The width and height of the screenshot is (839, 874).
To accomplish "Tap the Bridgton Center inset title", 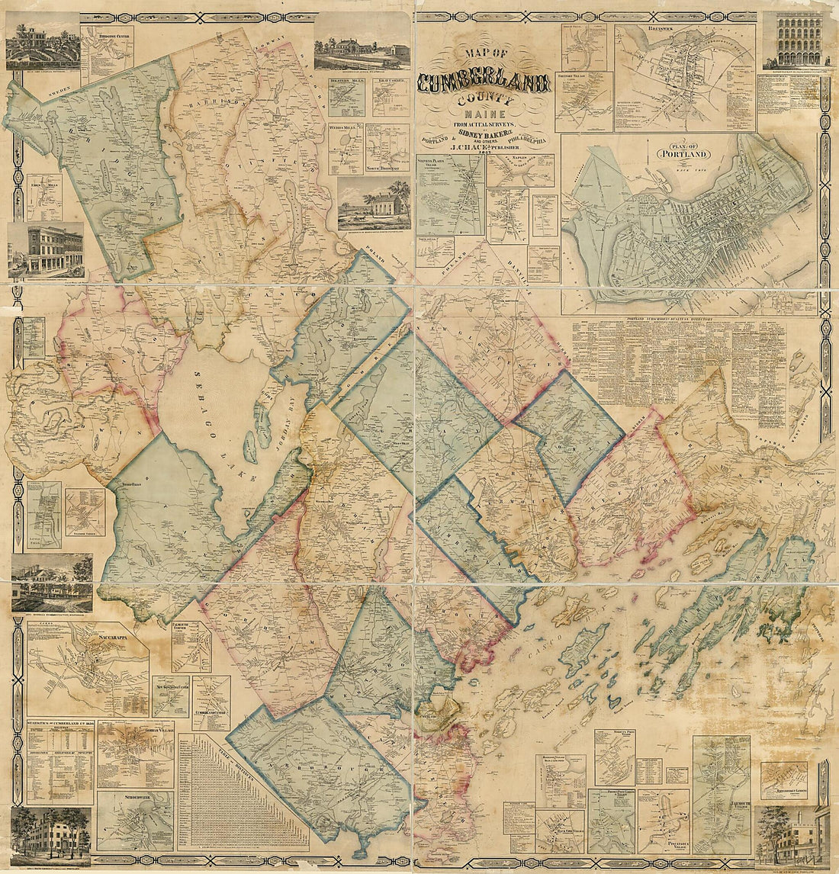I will coord(106,34).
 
